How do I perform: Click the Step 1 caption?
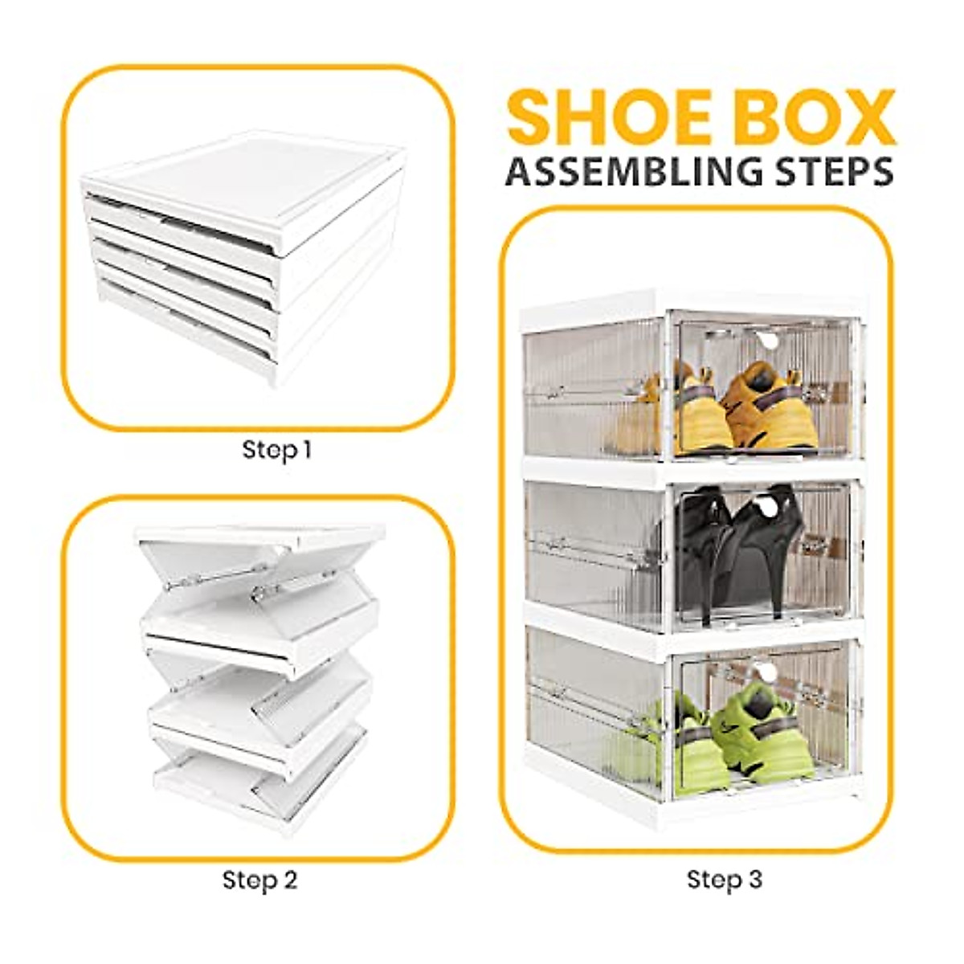pyautogui.click(x=276, y=450)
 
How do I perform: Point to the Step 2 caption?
pyautogui.click(x=259, y=880)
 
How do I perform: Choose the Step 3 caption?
pyautogui.click(x=724, y=880)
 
